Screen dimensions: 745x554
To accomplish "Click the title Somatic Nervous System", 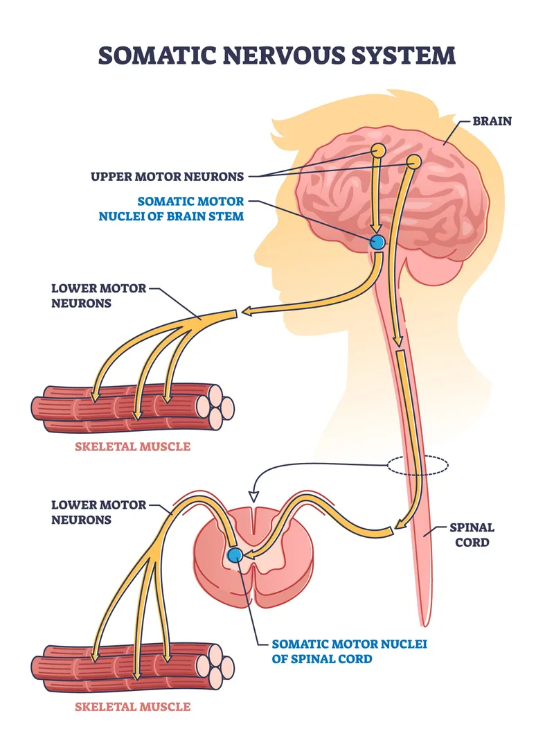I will (x=277, y=55).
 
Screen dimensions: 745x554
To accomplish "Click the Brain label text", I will (x=492, y=121).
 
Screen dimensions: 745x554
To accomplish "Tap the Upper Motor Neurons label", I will (x=167, y=176).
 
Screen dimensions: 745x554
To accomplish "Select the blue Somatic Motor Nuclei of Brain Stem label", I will (x=191, y=207).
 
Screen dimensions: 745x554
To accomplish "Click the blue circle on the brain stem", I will (x=377, y=242).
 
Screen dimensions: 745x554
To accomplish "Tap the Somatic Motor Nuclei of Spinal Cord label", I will (x=349, y=651).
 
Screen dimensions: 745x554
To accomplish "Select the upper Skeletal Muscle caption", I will (x=132, y=446).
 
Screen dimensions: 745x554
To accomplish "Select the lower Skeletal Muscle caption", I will (x=132, y=706).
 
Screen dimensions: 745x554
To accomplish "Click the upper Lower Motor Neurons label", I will (x=99, y=295).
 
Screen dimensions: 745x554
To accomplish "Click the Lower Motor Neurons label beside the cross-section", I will (x=99, y=511).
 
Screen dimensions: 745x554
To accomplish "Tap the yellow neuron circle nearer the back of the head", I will (x=413, y=161).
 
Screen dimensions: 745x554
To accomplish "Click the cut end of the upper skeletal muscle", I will (x=218, y=407).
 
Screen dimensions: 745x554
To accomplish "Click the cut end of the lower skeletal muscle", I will (x=218, y=667).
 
